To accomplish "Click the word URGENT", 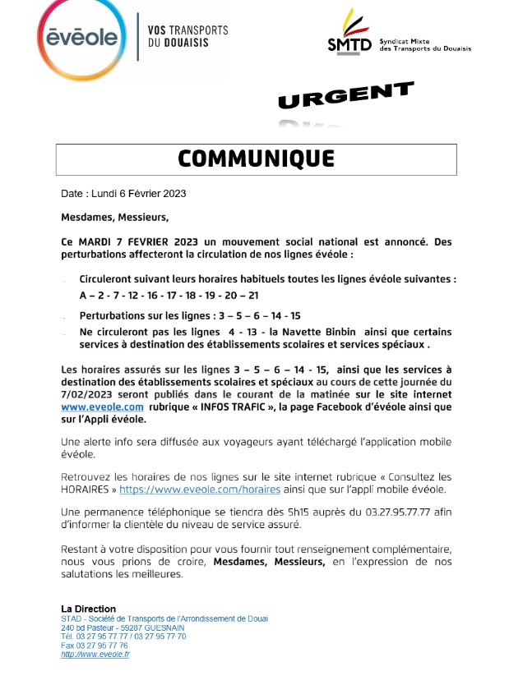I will tap(345, 95).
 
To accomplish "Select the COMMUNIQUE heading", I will tap(256, 159).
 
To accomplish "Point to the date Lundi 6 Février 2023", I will tap(145, 195).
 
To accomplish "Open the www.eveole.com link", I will tap(103, 407).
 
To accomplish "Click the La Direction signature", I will tap(88, 609).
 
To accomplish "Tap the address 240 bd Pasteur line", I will tap(122, 627).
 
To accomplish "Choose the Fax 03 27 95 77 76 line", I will tap(95, 646).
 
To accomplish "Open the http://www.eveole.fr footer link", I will tap(95, 655).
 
